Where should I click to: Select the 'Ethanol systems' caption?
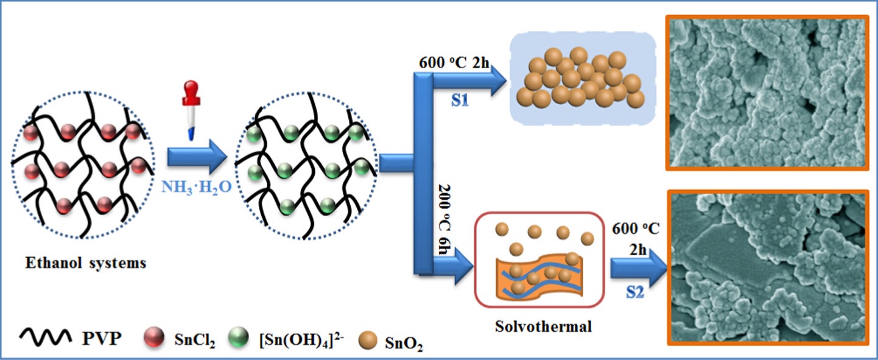(85, 264)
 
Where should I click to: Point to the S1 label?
(460, 101)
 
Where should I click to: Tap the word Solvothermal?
(544, 327)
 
